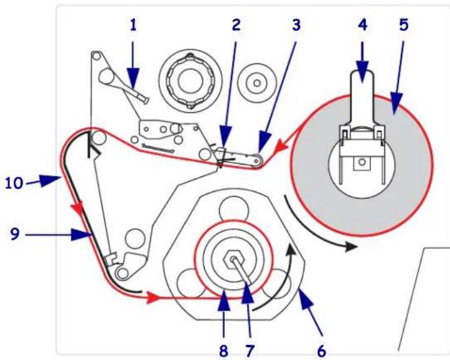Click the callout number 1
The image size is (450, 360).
click(133, 26)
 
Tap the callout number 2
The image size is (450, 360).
click(236, 25)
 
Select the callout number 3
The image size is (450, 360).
click(296, 25)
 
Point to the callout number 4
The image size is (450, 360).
click(362, 25)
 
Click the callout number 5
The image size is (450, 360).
click(403, 25)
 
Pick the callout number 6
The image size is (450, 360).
click(322, 351)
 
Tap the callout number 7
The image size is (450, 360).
click(250, 351)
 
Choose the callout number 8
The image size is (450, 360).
click(223, 351)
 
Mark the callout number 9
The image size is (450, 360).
click(15, 234)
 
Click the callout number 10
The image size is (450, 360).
click(14, 182)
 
